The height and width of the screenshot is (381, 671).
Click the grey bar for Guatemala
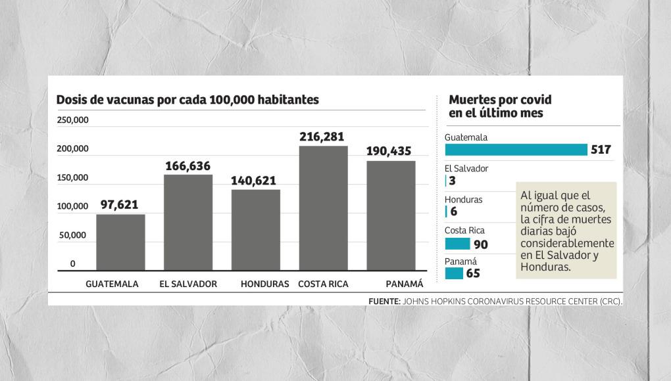(x=120, y=242)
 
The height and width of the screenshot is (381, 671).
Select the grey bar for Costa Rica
(x=323, y=208)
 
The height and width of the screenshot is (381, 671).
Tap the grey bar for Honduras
(x=256, y=229)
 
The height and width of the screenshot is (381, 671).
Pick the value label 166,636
(x=188, y=167)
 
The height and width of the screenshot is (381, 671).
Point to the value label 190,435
(x=389, y=152)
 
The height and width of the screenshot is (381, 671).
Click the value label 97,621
(x=119, y=205)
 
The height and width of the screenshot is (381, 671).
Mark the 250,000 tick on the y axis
(x=72, y=120)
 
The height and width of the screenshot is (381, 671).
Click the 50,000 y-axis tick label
(x=72, y=235)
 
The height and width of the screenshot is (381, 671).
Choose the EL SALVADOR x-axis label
(x=188, y=284)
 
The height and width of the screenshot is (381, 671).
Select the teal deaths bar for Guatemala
(x=516, y=150)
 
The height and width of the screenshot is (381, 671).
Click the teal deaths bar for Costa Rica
(x=458, y=244)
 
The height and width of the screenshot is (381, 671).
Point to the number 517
(x=601, y=150)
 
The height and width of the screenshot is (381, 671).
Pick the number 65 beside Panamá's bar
(x=473, y=273)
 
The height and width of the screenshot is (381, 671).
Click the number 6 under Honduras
(x=454, y=212)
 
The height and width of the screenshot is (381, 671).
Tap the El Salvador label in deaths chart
(x=466, y=169)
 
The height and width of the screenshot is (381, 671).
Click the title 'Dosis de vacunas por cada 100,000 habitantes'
(x=187, y=100)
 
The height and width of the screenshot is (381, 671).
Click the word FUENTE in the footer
(x=385, y=301)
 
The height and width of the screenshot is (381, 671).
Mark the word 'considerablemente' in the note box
(x=567, y=243)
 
